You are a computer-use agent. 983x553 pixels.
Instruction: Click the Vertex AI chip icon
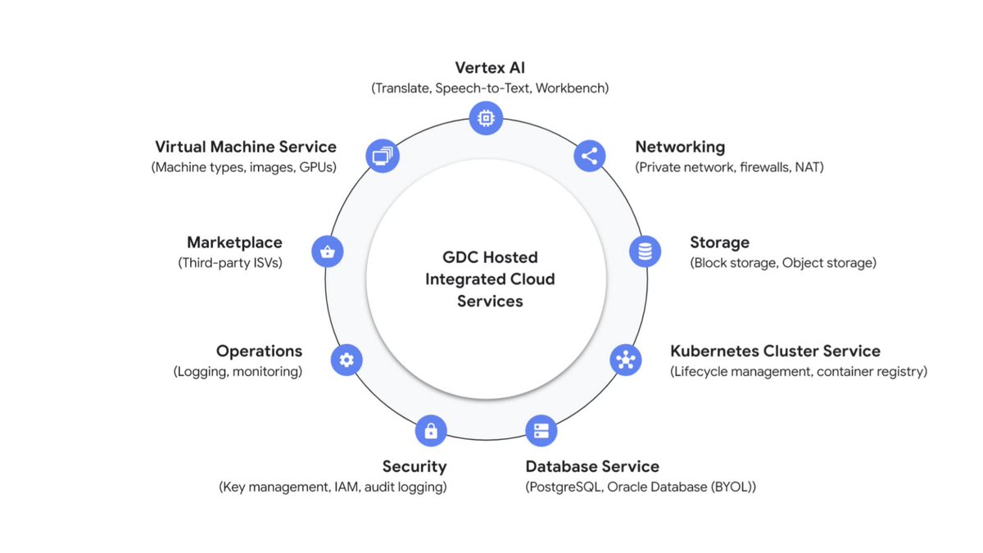pos(486,118)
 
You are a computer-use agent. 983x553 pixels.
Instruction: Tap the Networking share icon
pos(589,155)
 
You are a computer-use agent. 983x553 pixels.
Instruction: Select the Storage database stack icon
pos(645,252)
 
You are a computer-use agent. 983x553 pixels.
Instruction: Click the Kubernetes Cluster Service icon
pos(626,359)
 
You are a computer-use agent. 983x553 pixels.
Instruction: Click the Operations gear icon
pos(346,359)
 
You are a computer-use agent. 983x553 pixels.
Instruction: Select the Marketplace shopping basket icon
pos(328,252)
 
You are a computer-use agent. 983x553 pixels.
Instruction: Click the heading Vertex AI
pos(490,68)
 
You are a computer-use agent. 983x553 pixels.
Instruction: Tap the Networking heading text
pos(680,147)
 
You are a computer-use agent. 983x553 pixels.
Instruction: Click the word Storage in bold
pos(719,243)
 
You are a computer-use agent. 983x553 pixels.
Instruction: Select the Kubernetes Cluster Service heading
pos(775,351)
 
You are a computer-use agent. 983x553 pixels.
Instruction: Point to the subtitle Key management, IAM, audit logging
pos(333,487)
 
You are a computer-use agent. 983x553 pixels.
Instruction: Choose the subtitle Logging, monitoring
pos(238,371)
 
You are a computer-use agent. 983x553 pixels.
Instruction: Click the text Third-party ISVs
pos(229,263)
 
